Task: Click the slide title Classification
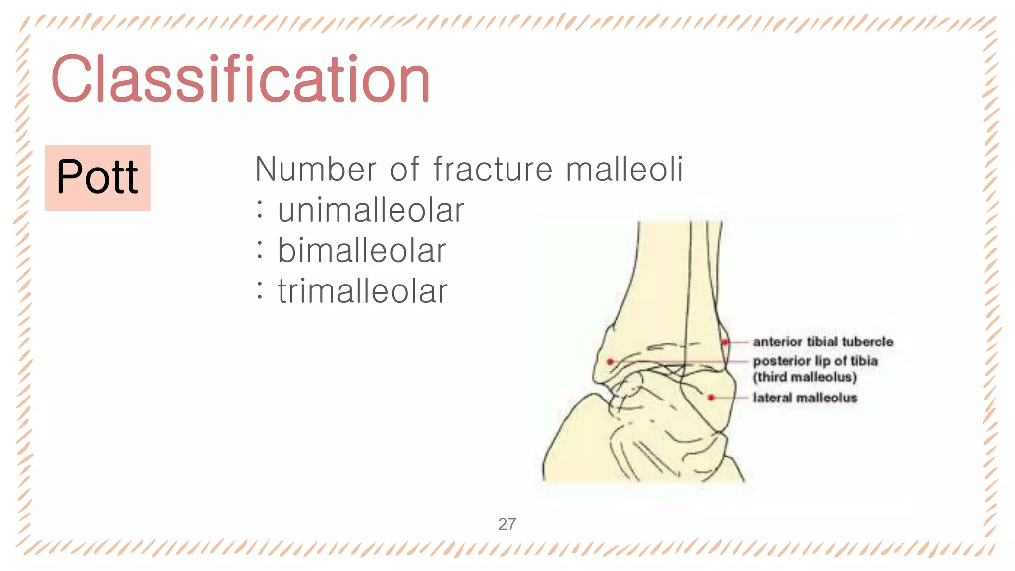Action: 240,79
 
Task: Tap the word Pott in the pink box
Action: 98,177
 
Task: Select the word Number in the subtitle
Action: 315,170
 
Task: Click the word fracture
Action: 493,170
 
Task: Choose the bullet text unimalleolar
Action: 371,210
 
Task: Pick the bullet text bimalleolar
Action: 362,251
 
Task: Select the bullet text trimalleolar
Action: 362,291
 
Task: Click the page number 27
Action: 507,524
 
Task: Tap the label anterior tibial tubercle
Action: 823,342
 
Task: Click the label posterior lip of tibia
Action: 815,361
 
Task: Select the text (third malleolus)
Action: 805,377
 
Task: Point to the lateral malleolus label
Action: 805,398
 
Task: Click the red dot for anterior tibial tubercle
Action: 725,342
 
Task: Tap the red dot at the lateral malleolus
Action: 711,398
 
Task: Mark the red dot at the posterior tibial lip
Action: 610,362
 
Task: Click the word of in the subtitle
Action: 404,170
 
